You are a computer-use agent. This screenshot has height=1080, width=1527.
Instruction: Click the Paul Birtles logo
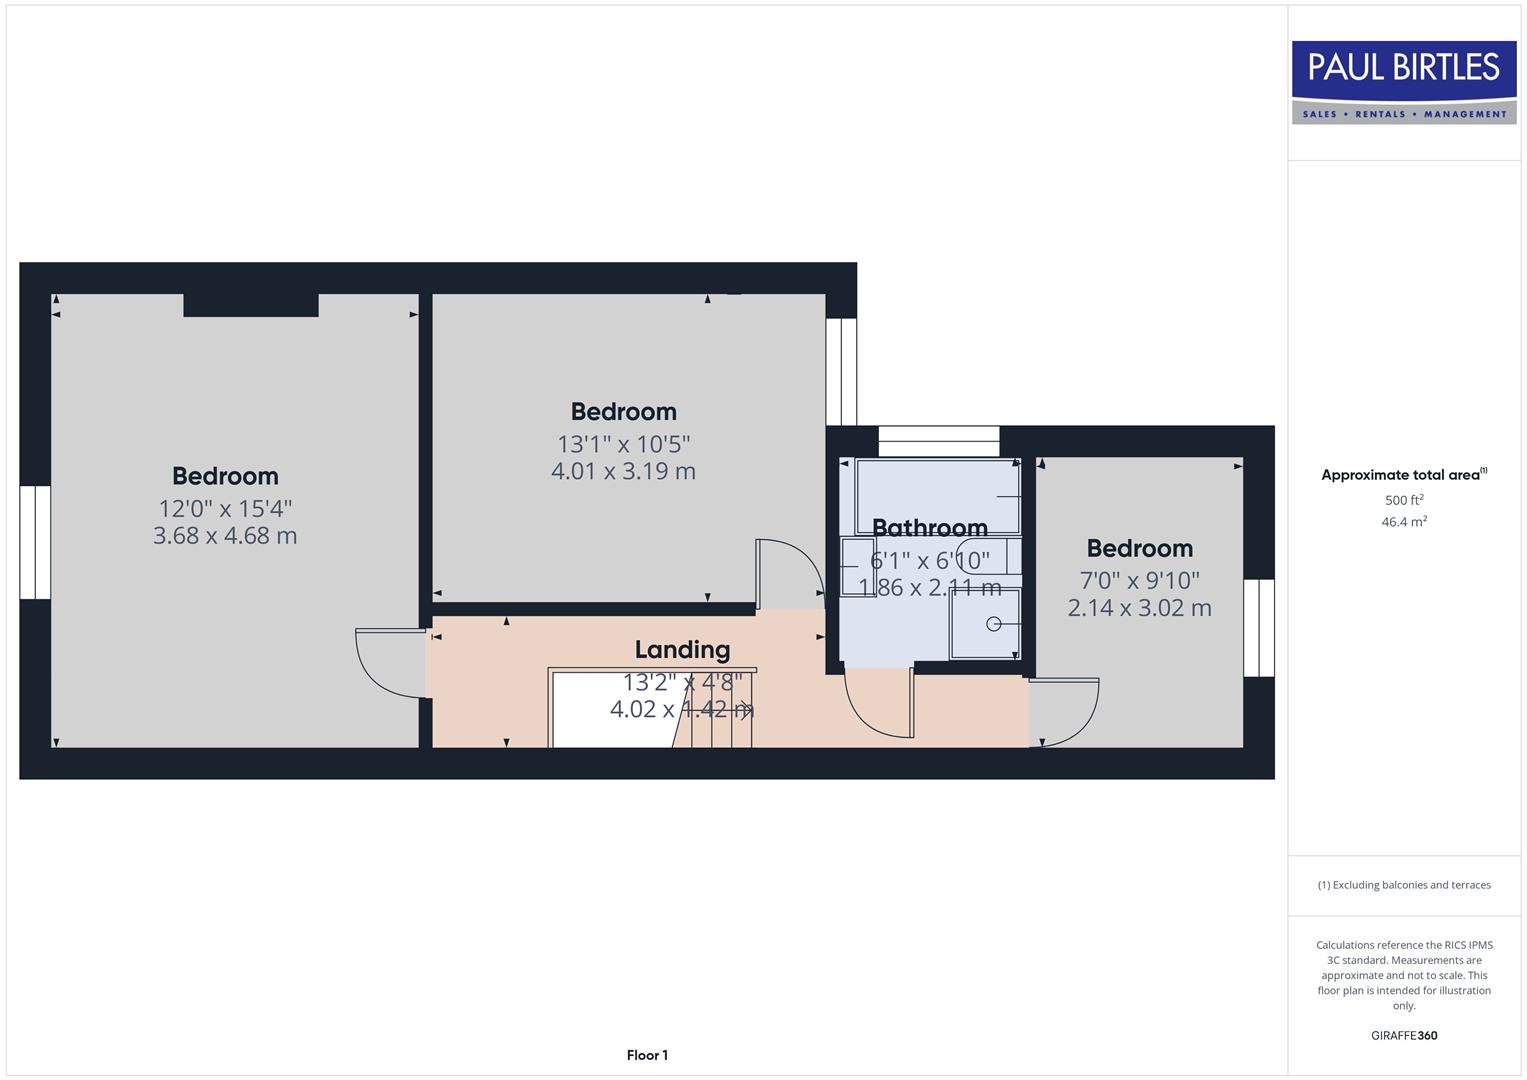pos(1404,82)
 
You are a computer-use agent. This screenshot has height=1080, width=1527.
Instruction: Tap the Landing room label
pos(682,650)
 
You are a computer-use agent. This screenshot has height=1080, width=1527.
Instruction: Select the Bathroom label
pos(929,527)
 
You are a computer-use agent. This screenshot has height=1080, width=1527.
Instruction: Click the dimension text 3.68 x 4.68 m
pos(225,536)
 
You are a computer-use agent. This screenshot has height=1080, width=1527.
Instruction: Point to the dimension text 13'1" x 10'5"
pos(624,443)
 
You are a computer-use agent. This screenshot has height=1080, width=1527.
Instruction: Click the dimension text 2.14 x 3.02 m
pos(1139,608)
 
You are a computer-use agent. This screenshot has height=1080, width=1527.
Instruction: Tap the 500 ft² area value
pos(1404,500)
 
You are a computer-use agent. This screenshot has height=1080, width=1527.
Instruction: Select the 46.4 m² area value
pos(1404,522)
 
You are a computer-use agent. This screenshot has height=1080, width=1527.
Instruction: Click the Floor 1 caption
pos(647,1055)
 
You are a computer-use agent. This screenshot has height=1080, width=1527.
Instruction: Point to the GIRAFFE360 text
pos(1404,1035)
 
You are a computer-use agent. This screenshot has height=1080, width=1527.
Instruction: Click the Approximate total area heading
pos(1403,475)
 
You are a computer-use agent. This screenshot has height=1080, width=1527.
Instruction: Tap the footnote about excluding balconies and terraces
pos(1404,885)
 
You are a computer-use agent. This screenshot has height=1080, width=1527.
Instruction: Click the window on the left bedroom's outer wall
pos(35,542)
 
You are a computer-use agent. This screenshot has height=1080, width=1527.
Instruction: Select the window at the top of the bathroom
pos(938,441)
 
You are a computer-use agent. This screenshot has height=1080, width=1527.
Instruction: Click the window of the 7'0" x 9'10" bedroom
pos(1259,628)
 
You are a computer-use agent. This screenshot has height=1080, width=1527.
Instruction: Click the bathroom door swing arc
pos(877,705)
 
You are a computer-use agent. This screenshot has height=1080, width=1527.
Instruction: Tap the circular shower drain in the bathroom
pos(993,624)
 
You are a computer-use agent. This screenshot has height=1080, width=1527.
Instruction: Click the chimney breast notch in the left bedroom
pos(251,305)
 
